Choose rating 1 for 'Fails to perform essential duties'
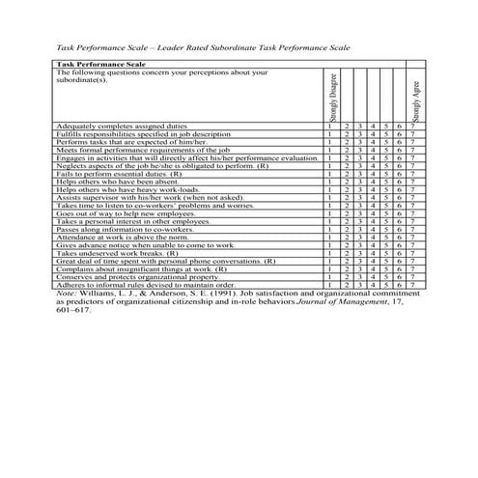coord(330,175)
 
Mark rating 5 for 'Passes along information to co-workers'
coord(385,230)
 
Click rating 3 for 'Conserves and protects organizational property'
coord(358,277)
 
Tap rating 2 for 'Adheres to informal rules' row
coord(345,286)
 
